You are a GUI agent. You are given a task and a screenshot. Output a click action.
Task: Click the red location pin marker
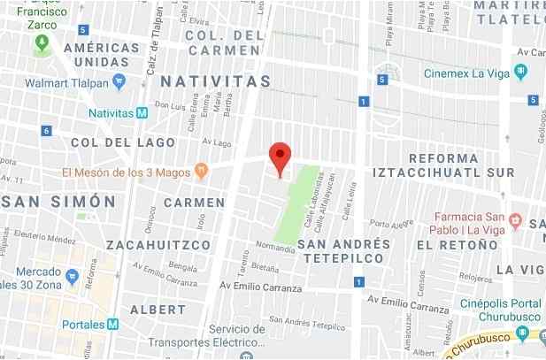(x=280, y=158)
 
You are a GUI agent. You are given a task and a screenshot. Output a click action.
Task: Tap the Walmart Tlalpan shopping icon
(x=120, y=80)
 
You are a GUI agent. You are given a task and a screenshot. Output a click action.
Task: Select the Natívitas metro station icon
(x=142, y=113)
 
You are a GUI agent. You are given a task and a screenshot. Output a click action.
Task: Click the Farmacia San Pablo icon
(x=517, y=218)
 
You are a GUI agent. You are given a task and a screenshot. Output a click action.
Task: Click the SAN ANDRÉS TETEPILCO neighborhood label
(x=343, y=250)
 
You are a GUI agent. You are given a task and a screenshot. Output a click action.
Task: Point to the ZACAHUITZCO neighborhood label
(x=158, y=244)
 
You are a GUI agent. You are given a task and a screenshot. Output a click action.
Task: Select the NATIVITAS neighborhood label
(x=216, y=81)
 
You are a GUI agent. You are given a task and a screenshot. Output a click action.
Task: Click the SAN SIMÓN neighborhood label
(x=59, y=202)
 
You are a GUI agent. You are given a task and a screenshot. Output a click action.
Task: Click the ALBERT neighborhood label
(x=158, y=310)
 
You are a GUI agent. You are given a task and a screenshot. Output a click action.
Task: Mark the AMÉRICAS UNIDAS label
(x=107, y=55)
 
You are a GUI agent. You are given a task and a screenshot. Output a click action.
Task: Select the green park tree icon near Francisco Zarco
(x=42, y=47)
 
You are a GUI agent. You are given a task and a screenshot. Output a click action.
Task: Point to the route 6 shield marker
(x=45, y=131)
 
